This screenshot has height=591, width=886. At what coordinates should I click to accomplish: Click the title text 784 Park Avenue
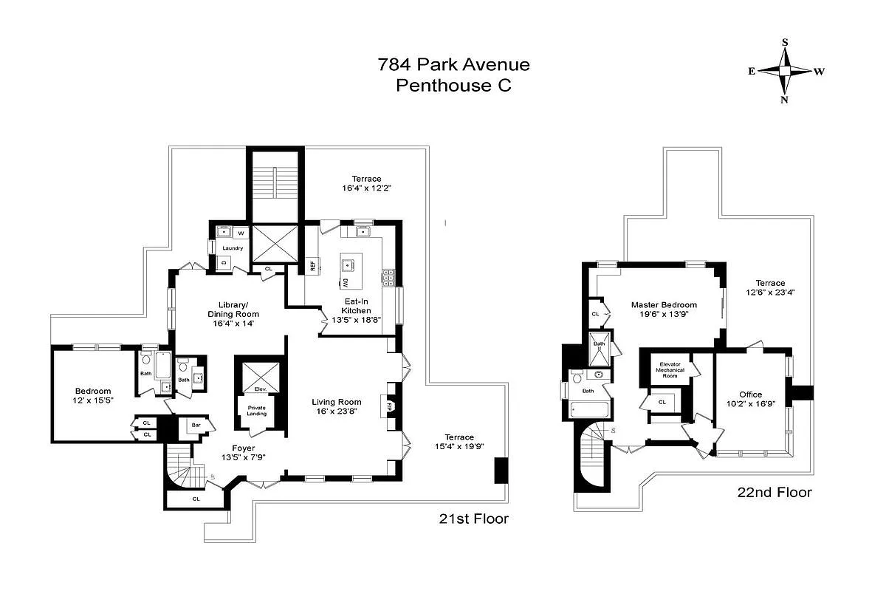pos(453,64)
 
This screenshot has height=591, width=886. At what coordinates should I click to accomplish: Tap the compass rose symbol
pos(784,71)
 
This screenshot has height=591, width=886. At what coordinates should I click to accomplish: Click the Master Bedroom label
pos(664,310)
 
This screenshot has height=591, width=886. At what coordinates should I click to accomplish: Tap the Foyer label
pos(244,451)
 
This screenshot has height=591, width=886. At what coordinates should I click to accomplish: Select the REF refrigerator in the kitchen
pos(312,266)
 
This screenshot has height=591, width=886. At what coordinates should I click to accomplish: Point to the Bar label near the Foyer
pos(196,426)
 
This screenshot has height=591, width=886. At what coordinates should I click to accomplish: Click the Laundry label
pos(233,248)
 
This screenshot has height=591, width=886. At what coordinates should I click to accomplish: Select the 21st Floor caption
pos(473,519)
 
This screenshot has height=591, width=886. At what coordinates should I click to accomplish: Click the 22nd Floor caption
pos(775,492)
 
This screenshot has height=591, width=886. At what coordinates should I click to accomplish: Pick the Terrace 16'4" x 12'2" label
pos(366,183)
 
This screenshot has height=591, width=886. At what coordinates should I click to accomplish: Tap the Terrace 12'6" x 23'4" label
pos(770,287)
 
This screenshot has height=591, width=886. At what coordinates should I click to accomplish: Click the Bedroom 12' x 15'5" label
pos(93,395)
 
